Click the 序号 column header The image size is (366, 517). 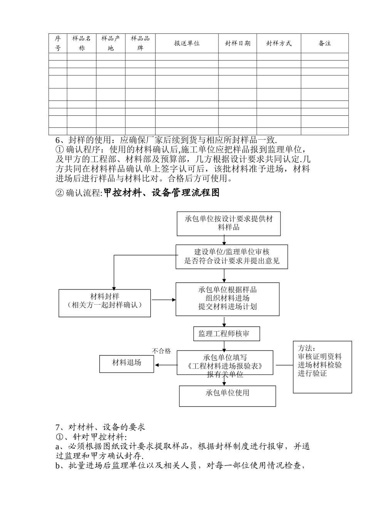(x=58, y=43)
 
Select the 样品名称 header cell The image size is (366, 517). (x=82, y=43)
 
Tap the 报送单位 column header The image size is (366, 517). (x=187, y=43)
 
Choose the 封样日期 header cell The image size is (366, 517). (x=238, y=43)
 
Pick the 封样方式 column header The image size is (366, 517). (x=279, y=43)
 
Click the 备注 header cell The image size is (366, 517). (x=325, y=43)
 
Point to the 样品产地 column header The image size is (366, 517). (x=111, y=43)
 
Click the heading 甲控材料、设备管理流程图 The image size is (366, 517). (x=161, y=193)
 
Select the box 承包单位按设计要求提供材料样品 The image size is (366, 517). (x=228, y=223)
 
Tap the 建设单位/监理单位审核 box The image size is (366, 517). (x=232, y=257)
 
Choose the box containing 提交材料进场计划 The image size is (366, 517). (x=227, y=299)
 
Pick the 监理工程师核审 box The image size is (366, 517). (x=227, y=334)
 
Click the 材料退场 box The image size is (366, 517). (x=126, y=363)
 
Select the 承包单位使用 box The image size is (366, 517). (x=227, y=395)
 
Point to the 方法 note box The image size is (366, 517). (x=322, y=366)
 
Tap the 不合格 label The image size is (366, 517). (x=161, y=351)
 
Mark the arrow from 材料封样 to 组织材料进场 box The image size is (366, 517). (x=164, y=300)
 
